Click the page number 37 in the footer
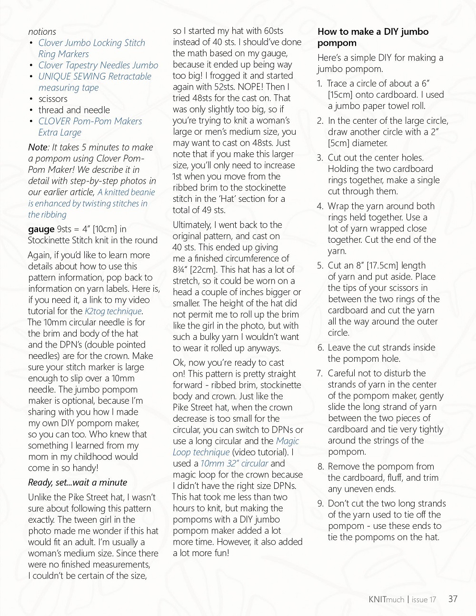(453, 599)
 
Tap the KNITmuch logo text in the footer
(386, 599)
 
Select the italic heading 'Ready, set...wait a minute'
(78, 482)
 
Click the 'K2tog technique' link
(113, 311)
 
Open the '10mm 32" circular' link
(234, 463)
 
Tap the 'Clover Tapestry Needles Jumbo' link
(98, 65)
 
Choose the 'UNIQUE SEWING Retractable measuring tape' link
(94, 82)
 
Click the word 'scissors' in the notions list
(53, 99)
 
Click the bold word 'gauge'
(41, 229)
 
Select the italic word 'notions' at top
(42, 32)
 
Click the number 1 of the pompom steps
(320, 84)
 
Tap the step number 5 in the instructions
(320, 266)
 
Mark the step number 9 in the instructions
(320, 504)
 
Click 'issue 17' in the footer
(424, 600)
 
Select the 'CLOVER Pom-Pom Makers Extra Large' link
(89, 127)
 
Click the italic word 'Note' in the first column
(38, 148)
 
